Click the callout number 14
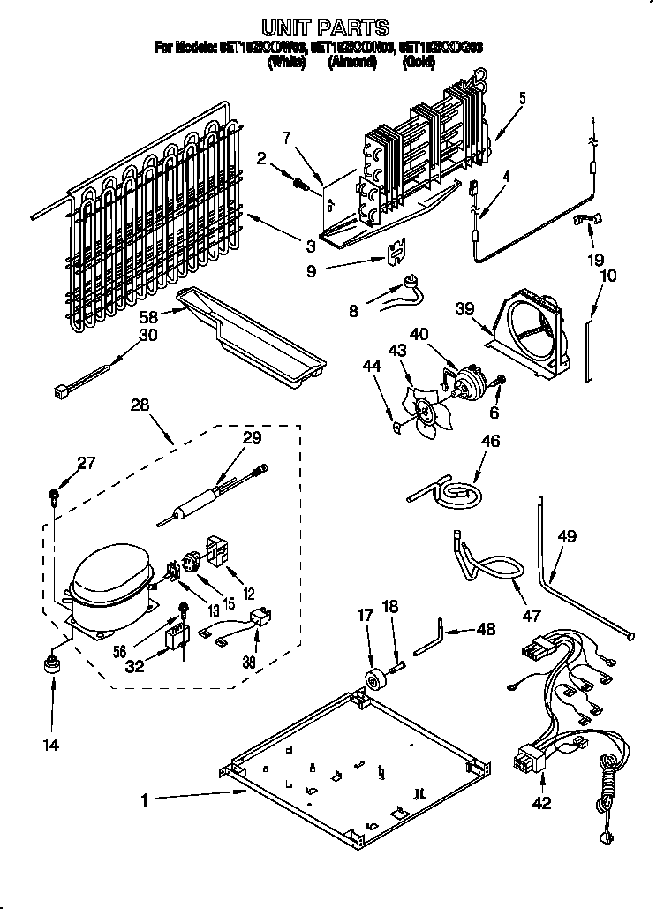51,746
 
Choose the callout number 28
140,405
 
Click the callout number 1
143,801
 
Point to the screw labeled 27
55,492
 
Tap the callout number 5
522,98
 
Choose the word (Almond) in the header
352,62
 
